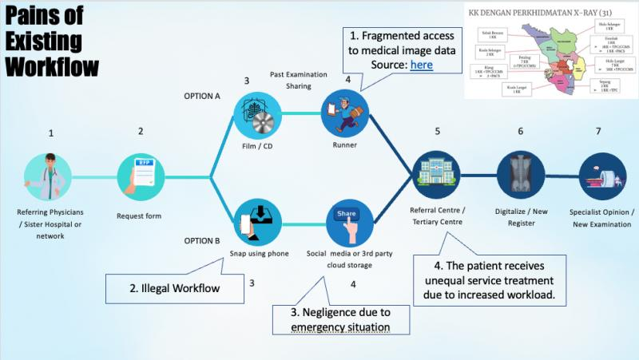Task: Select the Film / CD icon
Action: click(x=258, y=113)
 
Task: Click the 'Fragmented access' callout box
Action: click(x=401, y=50)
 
